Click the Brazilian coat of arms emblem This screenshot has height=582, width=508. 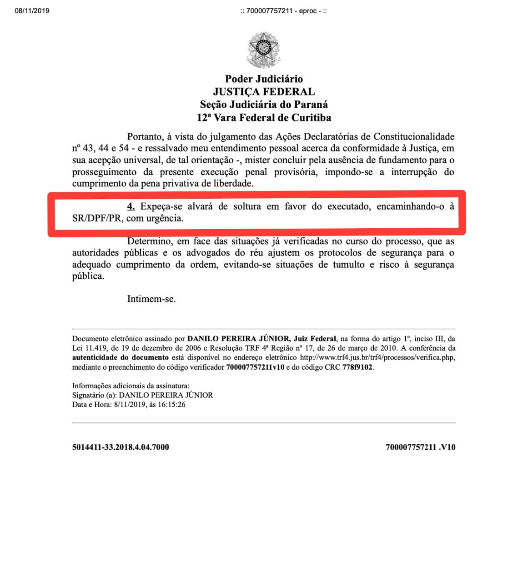[x=263, y=50]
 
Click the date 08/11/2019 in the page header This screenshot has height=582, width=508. [x=32, y=10]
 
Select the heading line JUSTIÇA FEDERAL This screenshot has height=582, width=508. [x=264, y=91]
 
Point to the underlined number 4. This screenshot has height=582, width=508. [x=131, y=206]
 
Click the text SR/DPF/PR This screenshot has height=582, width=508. [x=97, y=218]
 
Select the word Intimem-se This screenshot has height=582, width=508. [x=151, y=299]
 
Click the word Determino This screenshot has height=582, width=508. [x=149, y=241]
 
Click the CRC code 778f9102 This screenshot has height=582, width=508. [x=357, y=367]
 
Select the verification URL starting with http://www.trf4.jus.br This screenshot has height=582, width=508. [x=377, y=357]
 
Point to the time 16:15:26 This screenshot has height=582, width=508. [x=171, y=404]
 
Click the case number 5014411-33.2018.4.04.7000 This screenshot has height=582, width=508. [x=121, y=447]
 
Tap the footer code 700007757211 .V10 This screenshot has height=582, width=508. [x=420, y=447]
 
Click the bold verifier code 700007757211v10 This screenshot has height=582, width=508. [x=255, y=367]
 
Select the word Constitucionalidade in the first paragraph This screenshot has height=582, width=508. [x=414, y=136]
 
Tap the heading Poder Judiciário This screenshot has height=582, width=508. [x=264, y=79]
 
